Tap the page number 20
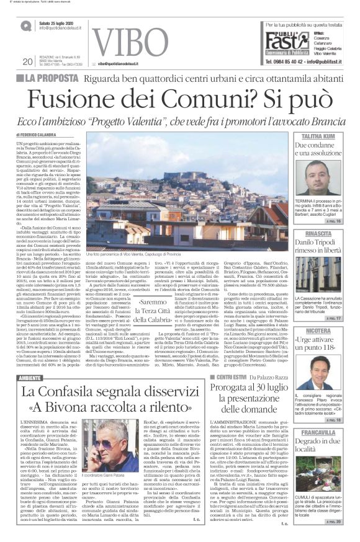click(27, 61)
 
